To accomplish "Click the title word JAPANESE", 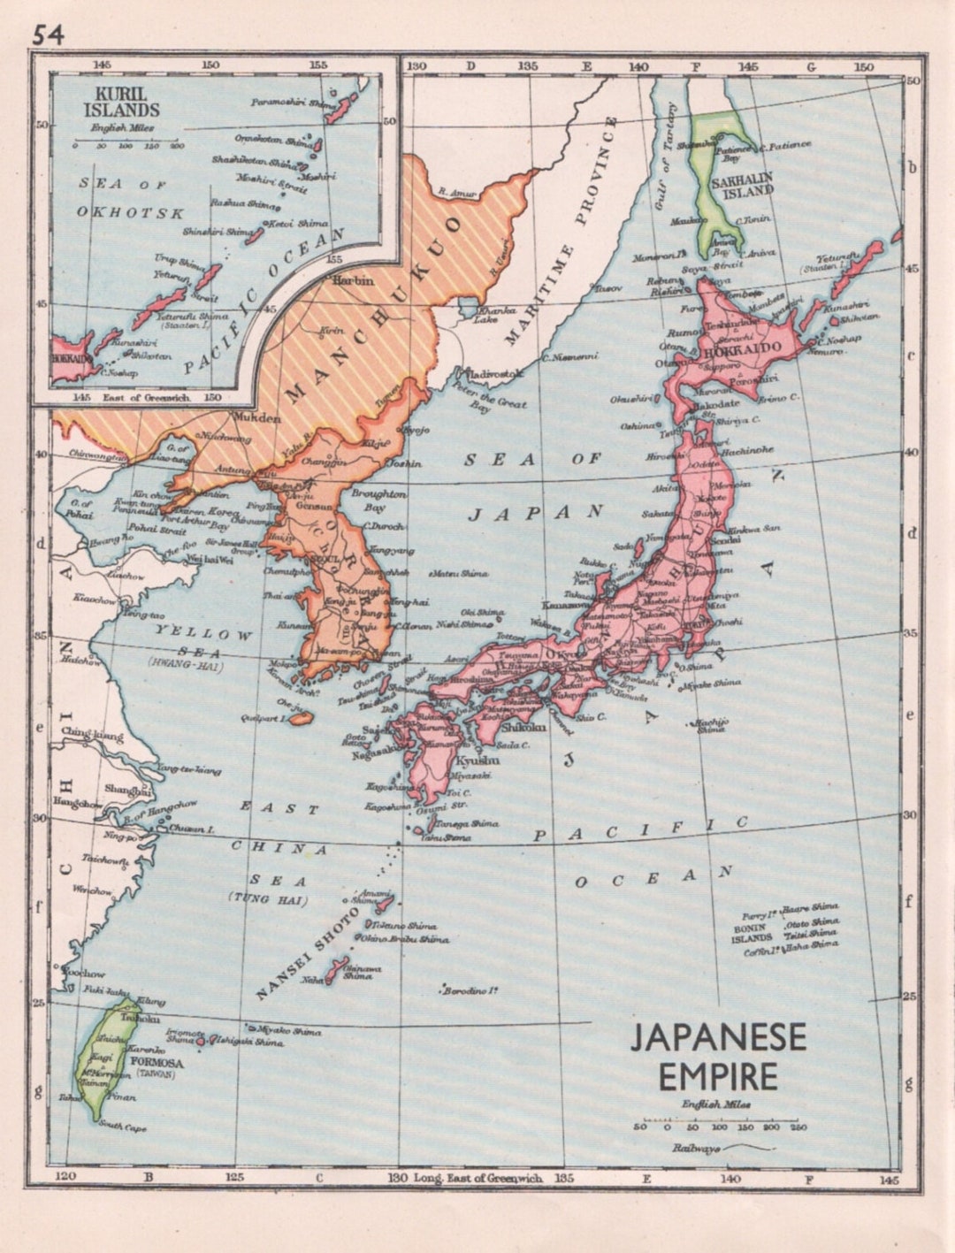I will click(x=718, y=1038).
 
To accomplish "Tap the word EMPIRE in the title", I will click(x=718, y=1076).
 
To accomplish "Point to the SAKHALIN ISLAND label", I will click(x=742, y=184).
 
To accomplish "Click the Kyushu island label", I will click(x=477, y=760).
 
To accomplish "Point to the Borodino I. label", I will click(x=469, y=989).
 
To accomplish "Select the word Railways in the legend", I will click(x=694, y=1148).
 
